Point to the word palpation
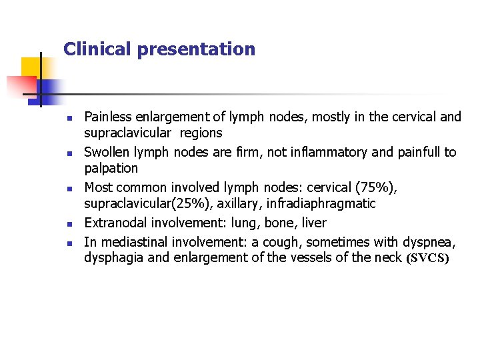click(x=111, y=169)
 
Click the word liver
click(x=312, y=222)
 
